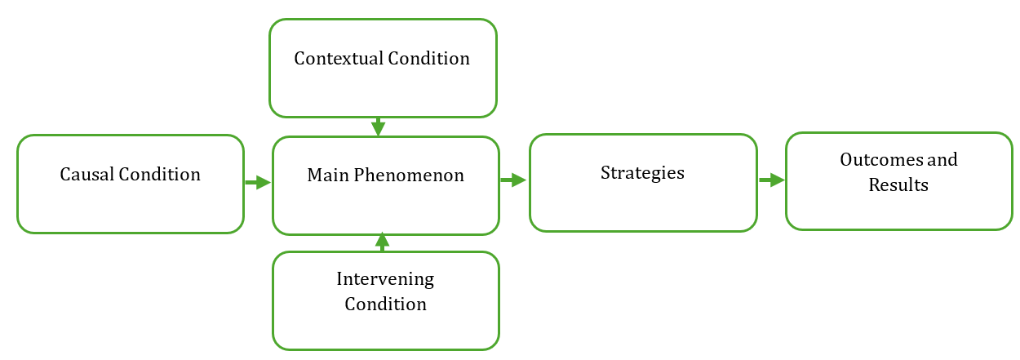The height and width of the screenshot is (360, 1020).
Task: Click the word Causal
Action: (87, 174)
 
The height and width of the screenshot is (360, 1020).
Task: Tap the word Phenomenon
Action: (409, 175)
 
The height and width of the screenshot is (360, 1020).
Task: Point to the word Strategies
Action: (642, 173)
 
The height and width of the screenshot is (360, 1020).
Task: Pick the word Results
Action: (898, 185)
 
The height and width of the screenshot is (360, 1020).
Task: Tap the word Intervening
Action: (385, 279)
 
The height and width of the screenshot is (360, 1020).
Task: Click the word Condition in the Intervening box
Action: (386, 304)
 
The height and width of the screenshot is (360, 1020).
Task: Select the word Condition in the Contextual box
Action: (429, 58)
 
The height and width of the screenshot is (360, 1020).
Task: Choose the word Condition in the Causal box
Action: (159, 174)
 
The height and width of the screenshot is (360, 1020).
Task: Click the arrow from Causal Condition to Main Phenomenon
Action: (258, 182)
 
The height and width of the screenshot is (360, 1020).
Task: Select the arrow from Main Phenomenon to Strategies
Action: (513, 180)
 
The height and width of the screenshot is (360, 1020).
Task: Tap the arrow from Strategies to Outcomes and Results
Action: (772, 180)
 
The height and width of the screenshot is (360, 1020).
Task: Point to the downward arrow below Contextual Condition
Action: (379, 127)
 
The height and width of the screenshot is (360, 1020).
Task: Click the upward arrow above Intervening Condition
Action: (383, 242)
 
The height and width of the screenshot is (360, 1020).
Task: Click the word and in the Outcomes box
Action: (942, 159)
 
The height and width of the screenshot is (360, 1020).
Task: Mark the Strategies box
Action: (644, 135)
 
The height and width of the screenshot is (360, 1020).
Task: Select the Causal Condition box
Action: (131, 136)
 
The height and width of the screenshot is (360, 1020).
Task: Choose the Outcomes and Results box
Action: (899, 134)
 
